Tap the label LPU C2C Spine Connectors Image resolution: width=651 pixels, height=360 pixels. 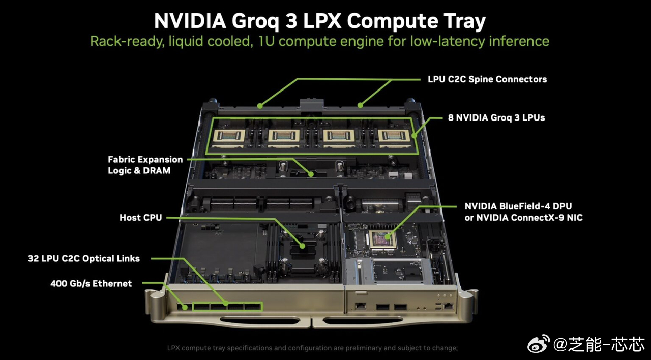click(x=487, y=79)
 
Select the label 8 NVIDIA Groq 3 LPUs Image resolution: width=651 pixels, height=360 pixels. click(x=496, y=117)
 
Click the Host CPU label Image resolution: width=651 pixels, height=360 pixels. click(x=141, y=217)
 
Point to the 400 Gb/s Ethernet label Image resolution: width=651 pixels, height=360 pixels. click(x=91, y=283)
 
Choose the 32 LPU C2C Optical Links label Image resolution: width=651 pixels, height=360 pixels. click(x=84, y=258)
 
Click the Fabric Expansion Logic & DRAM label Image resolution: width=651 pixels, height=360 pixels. click(x=145, y=165)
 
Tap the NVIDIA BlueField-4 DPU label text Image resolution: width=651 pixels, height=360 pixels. click(x=518, y=206)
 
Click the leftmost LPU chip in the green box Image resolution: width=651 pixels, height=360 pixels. click(x=229, y=136)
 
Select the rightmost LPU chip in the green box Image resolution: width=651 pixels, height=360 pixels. click(x=394, y=136)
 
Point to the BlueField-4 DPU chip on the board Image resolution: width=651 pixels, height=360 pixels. click(x=382, y=239)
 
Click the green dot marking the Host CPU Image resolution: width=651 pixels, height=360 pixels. click(x=302, y=246)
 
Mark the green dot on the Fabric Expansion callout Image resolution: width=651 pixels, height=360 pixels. click(x=311, y=174)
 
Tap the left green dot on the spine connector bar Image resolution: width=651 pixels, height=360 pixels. click(x=260, y=106)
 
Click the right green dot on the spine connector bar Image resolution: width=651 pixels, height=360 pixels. click(x=360, y=105)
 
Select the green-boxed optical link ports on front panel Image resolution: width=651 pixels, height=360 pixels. click(x=227, y=307)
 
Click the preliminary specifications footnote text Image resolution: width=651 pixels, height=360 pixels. click(x=312, y=348)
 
